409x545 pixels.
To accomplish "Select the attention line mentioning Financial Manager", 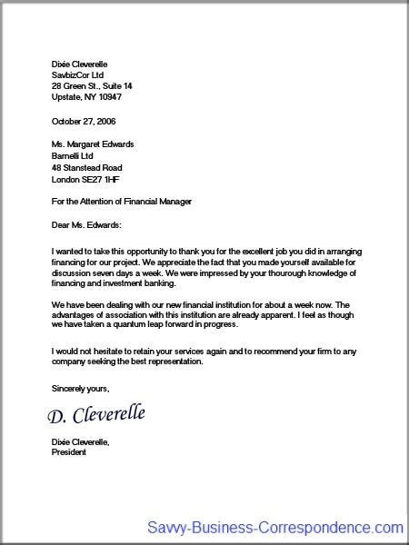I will pyautogui.click(x=123, y=201).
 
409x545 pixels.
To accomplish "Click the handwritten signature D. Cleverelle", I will pyautogui.click(x=96, y=416).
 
